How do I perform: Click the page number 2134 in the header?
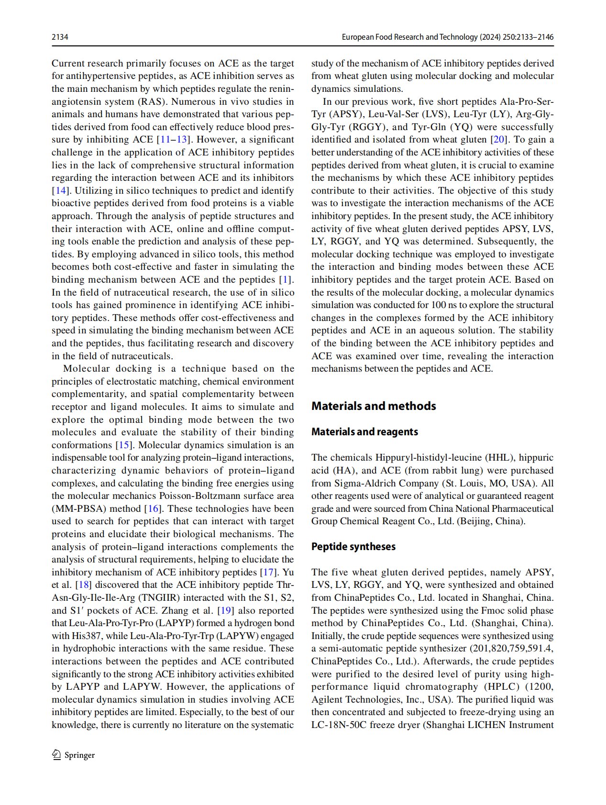pos(60,37)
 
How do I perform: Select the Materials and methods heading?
pos(374,406)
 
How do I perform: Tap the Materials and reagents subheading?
pos(364,432)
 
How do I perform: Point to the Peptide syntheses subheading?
pos(353,547)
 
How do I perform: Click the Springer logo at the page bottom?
pos(74,755)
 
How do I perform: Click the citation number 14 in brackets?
pos(61,190)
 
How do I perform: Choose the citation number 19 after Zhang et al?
pos(225,610)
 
